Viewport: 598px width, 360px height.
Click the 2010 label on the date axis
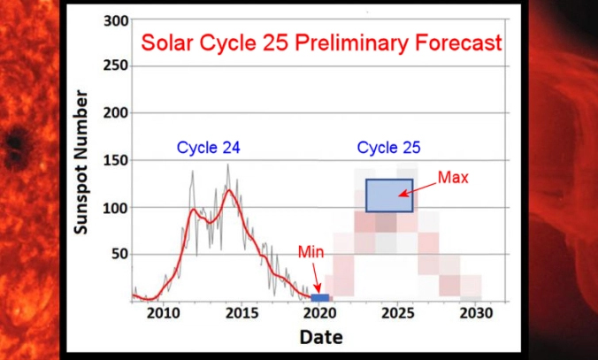pos(162,314)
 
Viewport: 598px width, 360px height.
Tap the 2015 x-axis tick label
pos(241,314)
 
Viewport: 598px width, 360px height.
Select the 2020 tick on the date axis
pos(320,314)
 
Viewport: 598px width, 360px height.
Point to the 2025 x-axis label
pos(398,314)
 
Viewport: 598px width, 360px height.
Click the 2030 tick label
pos(476,314)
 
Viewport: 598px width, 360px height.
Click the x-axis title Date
pos(320,337)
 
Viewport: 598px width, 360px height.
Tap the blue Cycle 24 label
pos(208,148)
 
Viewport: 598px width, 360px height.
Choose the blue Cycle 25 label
pos(388,148)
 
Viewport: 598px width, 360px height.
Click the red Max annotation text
pos(452,178)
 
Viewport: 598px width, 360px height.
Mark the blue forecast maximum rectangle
pos(389,195)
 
